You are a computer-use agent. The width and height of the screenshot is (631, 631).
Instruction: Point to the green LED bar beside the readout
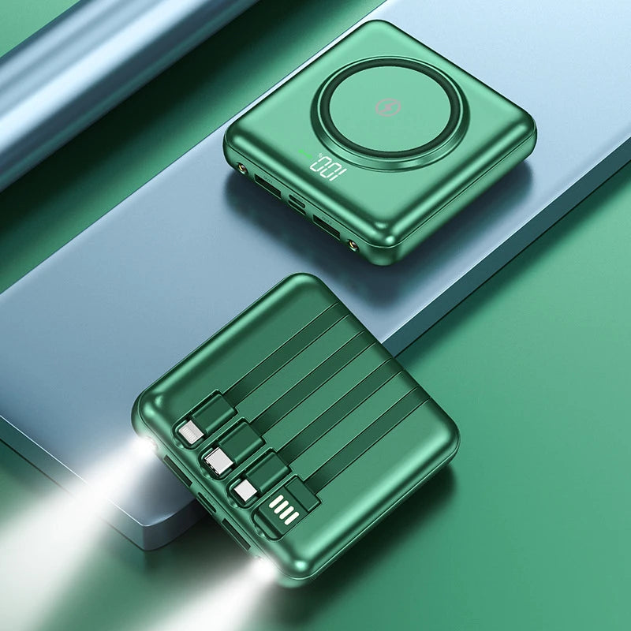[x=305, y=154]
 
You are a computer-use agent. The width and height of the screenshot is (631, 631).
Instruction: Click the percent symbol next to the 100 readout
[x=319, y=155]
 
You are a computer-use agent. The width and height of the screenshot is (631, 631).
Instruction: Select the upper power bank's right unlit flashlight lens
[x=353, y=245]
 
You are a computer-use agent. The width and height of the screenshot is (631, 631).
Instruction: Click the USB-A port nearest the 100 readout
[x=267, y=185]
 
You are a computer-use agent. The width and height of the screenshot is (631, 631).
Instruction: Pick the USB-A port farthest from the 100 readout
[x=327, y=227]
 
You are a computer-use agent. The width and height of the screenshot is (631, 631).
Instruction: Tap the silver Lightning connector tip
[x=191, y=433]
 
